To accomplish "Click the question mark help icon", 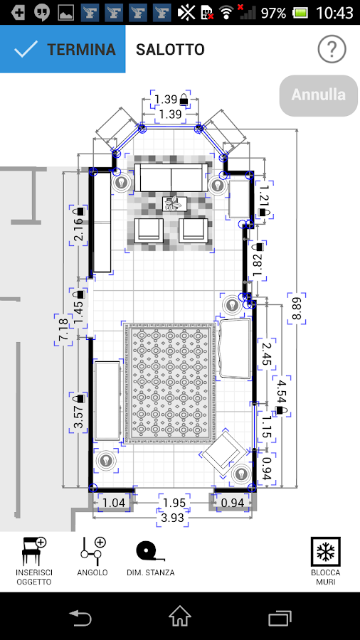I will point(332,50).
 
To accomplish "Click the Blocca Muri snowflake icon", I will point(326,553).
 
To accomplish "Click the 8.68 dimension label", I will point(296,308).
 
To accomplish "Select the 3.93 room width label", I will point(174,518).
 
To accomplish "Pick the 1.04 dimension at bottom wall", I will point(114,503).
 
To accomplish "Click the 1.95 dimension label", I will point(174,503).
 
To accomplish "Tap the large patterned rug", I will point(169,383).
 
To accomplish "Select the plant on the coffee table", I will point(173,204).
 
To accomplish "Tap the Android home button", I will point(180,616).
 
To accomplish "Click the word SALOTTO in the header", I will point(170,50).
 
